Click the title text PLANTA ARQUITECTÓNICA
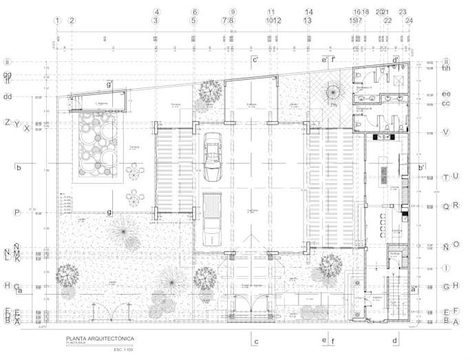tap(100, 338)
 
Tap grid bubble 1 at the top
tap(58, 21)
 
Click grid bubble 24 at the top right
tap(409, 21)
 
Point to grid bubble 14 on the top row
tap(309, 12)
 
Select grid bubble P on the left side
tap(17, 213)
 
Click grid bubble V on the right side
tap(446, 132)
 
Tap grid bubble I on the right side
tap(446, 268)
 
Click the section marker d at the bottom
tap(395, 340)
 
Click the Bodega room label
tap(395, 254)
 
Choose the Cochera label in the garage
tap(253, 211)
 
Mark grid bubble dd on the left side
tap(8, 96)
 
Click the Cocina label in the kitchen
tap(394, 187)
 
